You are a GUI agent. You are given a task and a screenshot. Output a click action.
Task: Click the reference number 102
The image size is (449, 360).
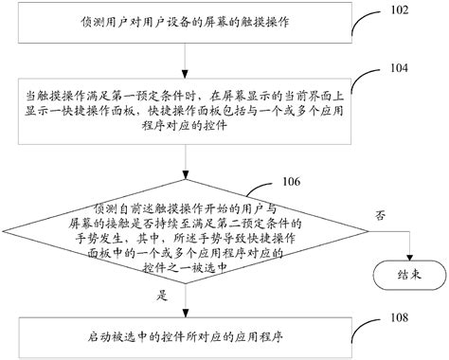click(x=397, y=10)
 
